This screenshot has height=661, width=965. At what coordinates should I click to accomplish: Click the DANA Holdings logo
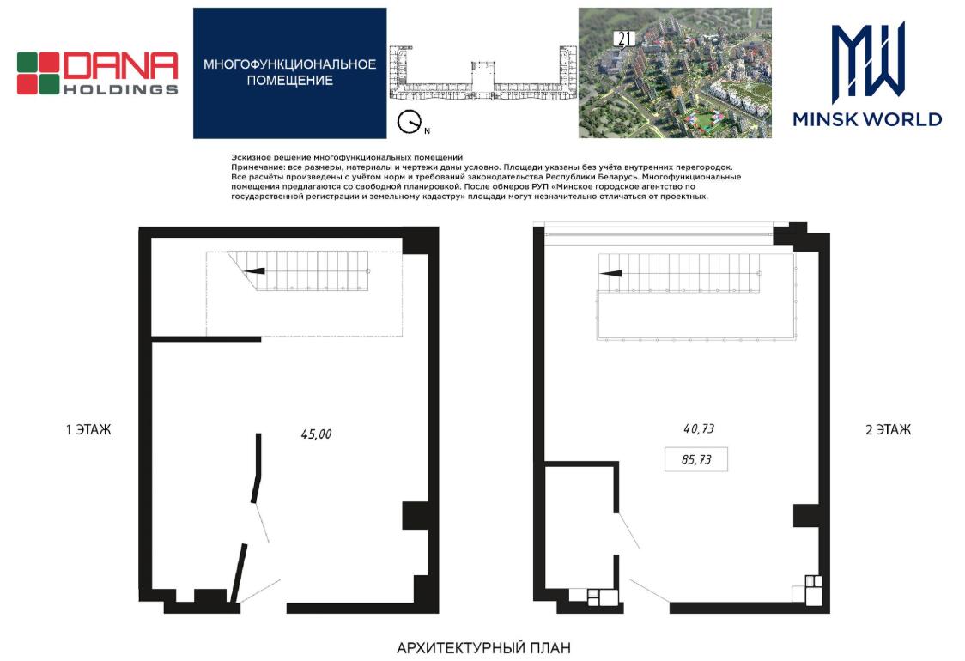[97, 73]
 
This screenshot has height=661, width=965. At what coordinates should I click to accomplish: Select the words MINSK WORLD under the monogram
[867, 119]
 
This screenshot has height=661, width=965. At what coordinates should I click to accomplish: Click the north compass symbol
[409, 121]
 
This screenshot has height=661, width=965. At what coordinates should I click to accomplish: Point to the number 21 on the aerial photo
[624, 39]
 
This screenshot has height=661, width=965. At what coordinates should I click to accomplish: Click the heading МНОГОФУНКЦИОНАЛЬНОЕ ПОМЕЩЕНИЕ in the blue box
[289, 72]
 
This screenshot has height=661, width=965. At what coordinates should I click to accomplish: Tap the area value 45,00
[316, 434]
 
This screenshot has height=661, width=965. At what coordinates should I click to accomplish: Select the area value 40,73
[699, 428]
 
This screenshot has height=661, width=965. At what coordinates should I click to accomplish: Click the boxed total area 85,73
[696, 459]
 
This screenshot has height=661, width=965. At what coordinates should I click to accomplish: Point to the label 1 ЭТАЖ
[88, 429]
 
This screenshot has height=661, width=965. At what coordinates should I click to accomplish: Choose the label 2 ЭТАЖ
[888, 429]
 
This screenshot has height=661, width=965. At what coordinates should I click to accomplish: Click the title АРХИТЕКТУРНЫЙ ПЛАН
[483, 647]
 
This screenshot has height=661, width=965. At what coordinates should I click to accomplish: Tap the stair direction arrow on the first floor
[254, 270]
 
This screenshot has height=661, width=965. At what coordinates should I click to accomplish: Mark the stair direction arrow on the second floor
[610, 273]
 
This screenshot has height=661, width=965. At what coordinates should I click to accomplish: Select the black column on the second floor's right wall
[806, 516]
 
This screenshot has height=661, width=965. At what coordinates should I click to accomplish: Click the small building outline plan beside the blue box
[482, 75]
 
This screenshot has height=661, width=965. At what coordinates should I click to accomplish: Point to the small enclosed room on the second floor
[580, 526]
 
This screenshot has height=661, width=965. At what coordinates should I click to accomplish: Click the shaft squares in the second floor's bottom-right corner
[814, 582]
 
